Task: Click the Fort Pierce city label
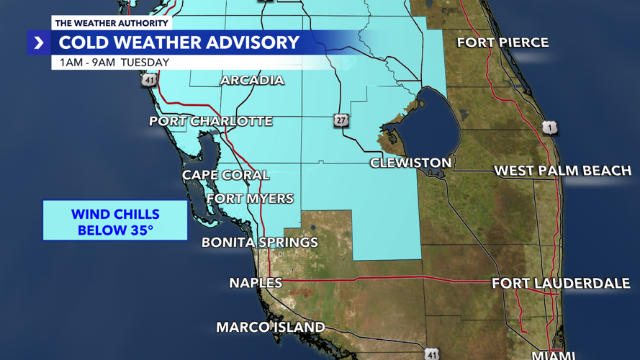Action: [502, 43]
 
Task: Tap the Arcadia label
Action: [252, 80]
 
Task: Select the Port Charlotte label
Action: [211, 121]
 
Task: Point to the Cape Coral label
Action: [225, 175]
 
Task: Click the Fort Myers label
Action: [250, 198]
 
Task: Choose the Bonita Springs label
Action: [260, 242]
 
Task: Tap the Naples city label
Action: [256, 283]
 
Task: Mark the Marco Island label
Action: [271, 328]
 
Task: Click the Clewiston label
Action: [410, 163]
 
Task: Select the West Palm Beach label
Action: [562, 171]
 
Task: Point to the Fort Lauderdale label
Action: [561, 284]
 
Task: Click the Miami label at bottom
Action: [553, 355]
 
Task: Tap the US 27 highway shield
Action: [341, 120]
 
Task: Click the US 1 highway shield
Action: [550, 128]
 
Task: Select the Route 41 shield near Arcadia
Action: [149, 80]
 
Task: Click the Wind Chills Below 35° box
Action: [115, 222]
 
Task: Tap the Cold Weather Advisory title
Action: [179, 42]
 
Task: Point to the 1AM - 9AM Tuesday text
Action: [114, 63]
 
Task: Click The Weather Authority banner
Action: [111, 23]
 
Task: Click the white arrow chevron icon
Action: [39, 43]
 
